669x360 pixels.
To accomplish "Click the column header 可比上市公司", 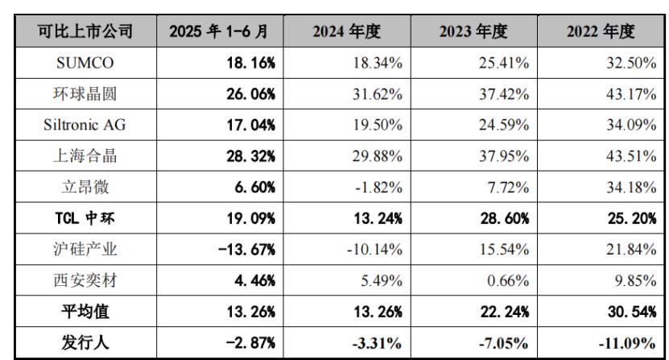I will [x=85, y=32].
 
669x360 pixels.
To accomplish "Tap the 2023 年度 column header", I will [x=473, y=32].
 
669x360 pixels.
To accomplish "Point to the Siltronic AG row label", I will [x=85, y=125].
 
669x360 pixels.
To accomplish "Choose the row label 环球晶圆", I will [x=85, y=94].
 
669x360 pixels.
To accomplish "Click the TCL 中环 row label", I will [x=85, y=218].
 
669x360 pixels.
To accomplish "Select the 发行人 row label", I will [x=85, y=343].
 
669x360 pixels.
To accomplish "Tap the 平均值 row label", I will [x=85, y=312].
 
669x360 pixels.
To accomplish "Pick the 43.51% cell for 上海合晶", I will [x=630, y=156].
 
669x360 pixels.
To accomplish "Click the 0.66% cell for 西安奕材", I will [x=509, y=281].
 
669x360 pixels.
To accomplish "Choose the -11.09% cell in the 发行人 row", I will [x=626, y=343].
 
